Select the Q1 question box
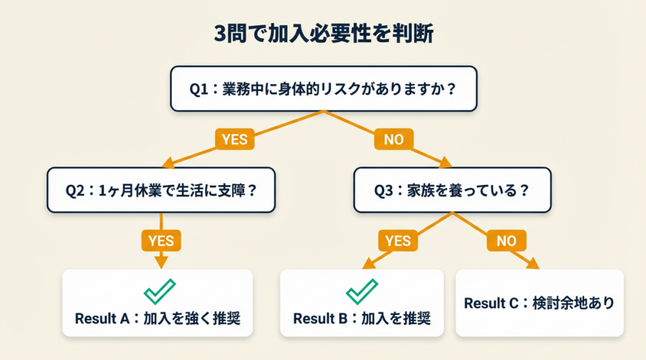(323, 89)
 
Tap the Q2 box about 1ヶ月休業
(161, 190)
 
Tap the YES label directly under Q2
(161, 240)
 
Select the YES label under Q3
(397, 240)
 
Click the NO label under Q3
(506, 240)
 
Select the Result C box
(539, 303)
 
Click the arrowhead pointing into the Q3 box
(444, 163)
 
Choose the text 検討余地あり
(577, 303)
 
